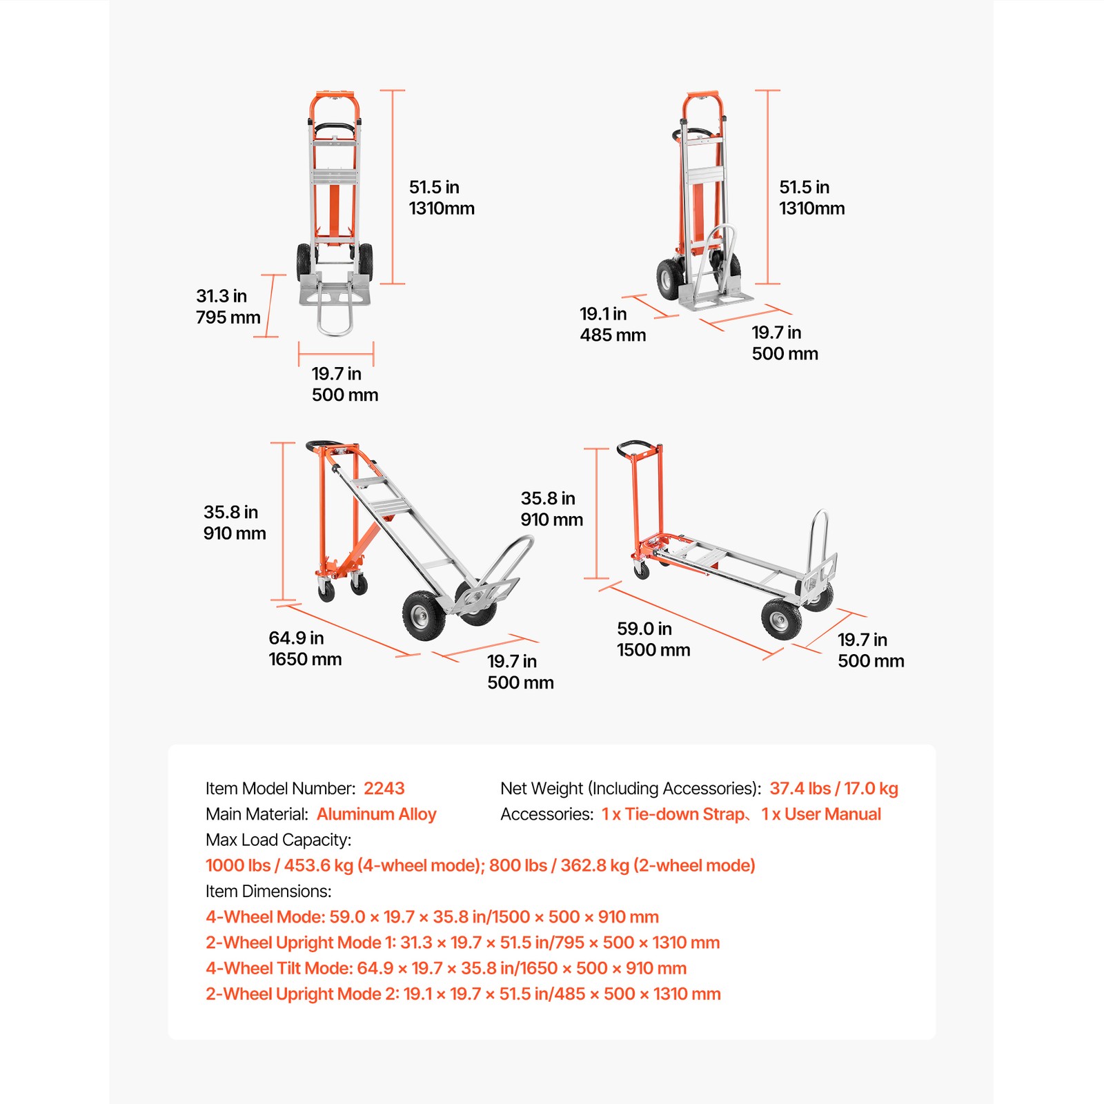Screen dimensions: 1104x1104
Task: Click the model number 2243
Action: pyautogui.click(x=384, y=788)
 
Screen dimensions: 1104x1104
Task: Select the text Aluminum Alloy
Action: pyautogui.click(x=376, y=814)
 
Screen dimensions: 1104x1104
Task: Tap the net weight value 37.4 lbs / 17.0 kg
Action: pyautogui.click(x=834, y=788)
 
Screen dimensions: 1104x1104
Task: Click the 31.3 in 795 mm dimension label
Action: pyautogui.click(x=228, y=306)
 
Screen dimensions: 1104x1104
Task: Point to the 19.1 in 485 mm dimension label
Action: pyautogui.click(x=612, y=324)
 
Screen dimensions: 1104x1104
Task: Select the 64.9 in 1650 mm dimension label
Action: pyautogui.click(x=304, y=648)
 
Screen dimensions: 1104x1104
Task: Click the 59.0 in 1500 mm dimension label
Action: pyautogui.click(x=653, y=639)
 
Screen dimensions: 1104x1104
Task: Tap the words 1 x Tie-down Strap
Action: pyautogui.click(x=672, y=814)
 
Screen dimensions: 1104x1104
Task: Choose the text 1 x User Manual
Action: pyautogui.click(x=821, y=814)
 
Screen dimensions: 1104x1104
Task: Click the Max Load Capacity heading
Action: pyautogui.click(x=278, y=840)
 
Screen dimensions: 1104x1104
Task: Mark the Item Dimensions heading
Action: pyautogui.click(x=268, y=891)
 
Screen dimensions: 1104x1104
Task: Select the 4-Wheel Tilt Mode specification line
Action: pyautogui.click(x=446, y=968)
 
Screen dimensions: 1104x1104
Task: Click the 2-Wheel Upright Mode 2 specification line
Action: pyautogui.click(x=463, y=994)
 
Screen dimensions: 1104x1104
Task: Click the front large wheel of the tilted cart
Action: pyautogui.click(x=423, y=615)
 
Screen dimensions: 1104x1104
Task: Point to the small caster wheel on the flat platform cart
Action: pyautogui.click(x=642, y=570)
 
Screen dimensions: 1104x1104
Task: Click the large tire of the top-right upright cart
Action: pyautogui.click(x=669, y=279)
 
